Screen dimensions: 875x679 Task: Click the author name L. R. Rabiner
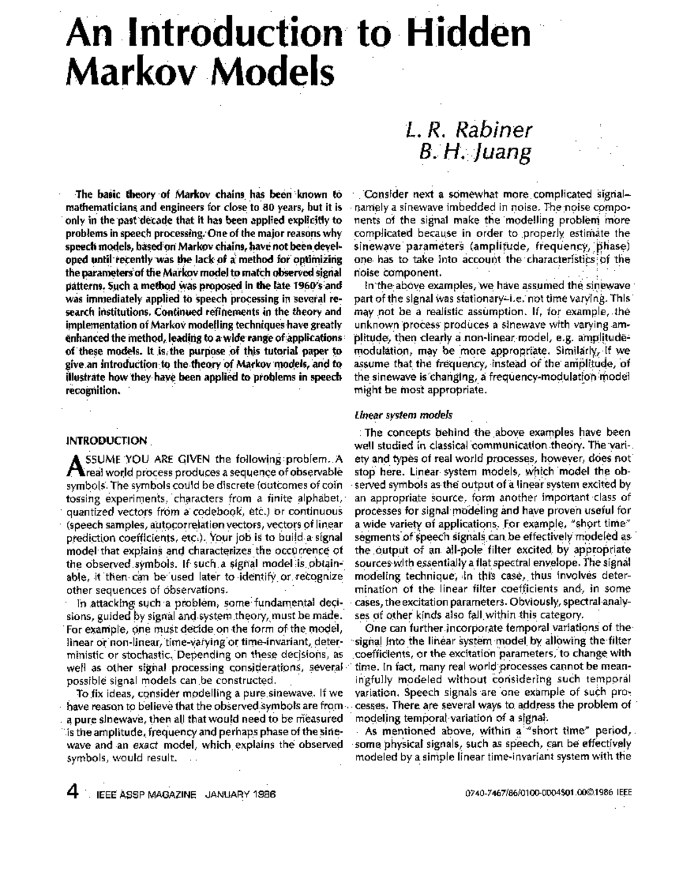469,130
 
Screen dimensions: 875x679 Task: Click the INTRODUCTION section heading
107,440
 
